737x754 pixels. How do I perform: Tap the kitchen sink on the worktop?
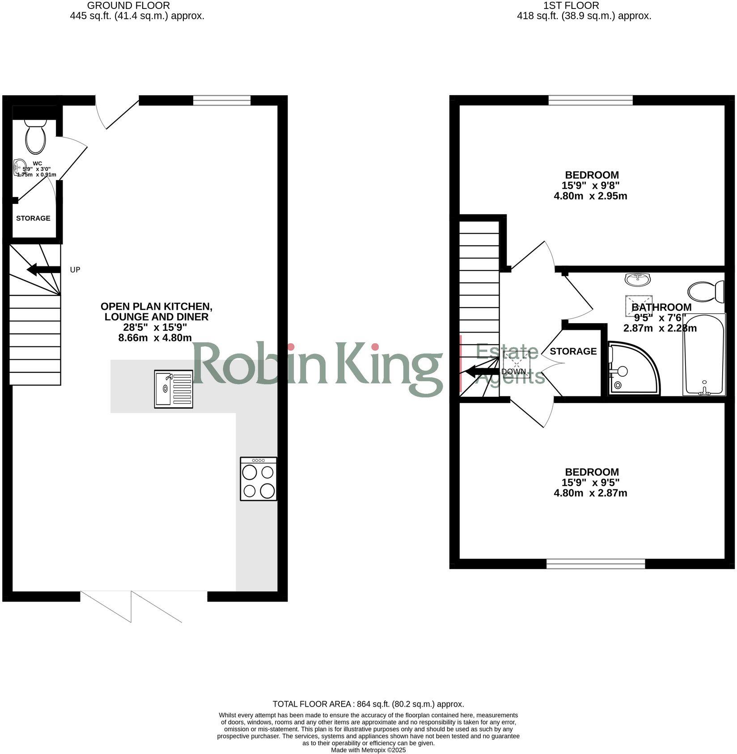click(174, 388)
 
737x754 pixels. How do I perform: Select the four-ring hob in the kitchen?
click(258, 479)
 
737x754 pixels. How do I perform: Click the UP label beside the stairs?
click(75, 270)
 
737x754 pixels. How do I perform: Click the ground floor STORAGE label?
click(33, 219)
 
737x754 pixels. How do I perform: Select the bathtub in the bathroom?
click(703, 355)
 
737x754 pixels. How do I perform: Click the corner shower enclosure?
click(631, 368)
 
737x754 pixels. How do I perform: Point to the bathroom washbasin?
click(638, 279)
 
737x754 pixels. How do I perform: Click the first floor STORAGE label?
click(573, 352)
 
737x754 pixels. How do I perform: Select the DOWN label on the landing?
click(513, 371)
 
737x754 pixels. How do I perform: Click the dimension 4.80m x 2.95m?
click(590, 196)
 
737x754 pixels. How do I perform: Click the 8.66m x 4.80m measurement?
click(155, 338)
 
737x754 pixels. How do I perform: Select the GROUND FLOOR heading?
click(128, 6)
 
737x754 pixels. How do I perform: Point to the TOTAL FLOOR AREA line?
click(368, 704)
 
